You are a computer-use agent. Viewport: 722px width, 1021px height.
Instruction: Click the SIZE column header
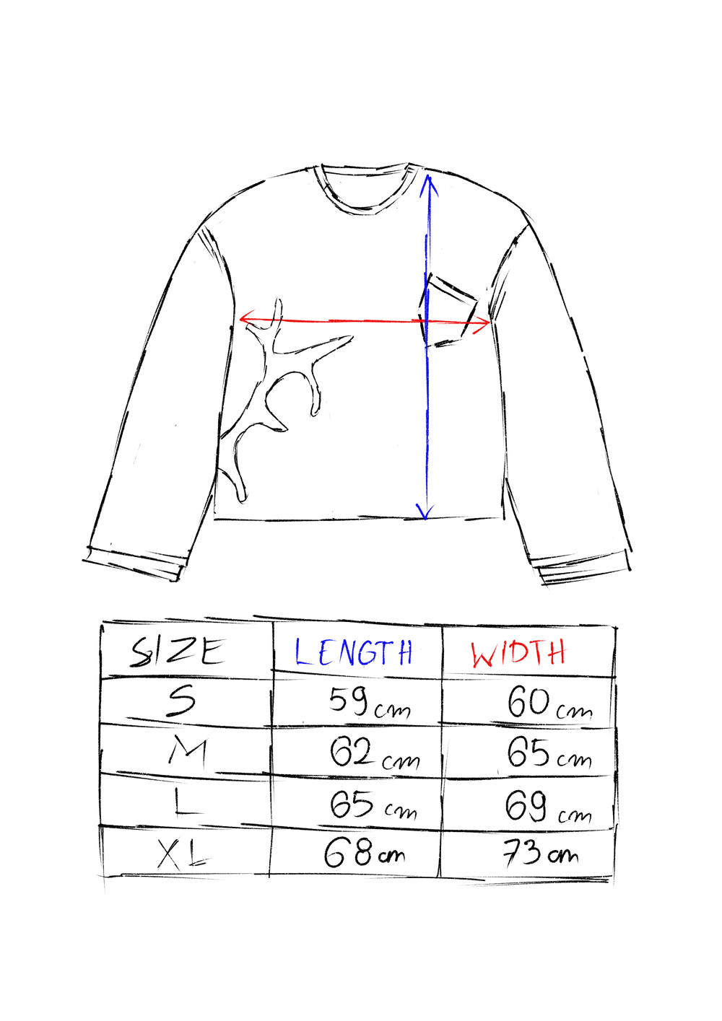(x=178, y=652)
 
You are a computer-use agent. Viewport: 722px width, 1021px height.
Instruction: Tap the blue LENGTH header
(x=354, y=652)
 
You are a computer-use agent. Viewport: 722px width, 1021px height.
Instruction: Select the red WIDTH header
(x=518, y=653)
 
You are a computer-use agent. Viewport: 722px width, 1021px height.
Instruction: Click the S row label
(x=182, y=701)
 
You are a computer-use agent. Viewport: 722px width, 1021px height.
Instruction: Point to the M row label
(x=188, y=751)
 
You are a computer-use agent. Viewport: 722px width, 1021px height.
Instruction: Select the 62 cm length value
(x=374, y=754)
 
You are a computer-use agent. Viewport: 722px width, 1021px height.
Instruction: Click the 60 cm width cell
(x=550, y=704)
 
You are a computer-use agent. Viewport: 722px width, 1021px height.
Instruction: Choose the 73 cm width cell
(x=541, y=854)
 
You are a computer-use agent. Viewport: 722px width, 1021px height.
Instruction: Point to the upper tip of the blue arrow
(x=428, y=176)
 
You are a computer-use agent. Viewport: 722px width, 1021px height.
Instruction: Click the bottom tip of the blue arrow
(x=425, y=519)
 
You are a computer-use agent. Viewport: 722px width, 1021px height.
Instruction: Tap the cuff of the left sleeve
(x=134, y=564)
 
